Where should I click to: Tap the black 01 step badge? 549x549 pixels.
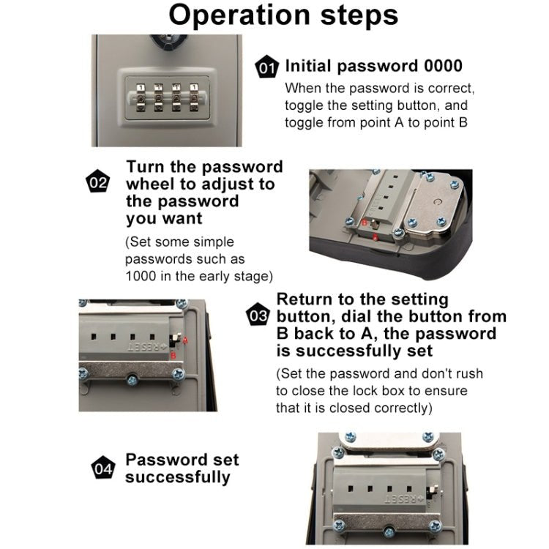coord(266,69)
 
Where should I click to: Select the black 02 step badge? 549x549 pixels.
coord(97,183)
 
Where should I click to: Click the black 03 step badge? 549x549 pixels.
coord(258,316)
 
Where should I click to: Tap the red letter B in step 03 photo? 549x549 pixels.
coord(173,355)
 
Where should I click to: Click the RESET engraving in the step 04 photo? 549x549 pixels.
coord(398,498)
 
